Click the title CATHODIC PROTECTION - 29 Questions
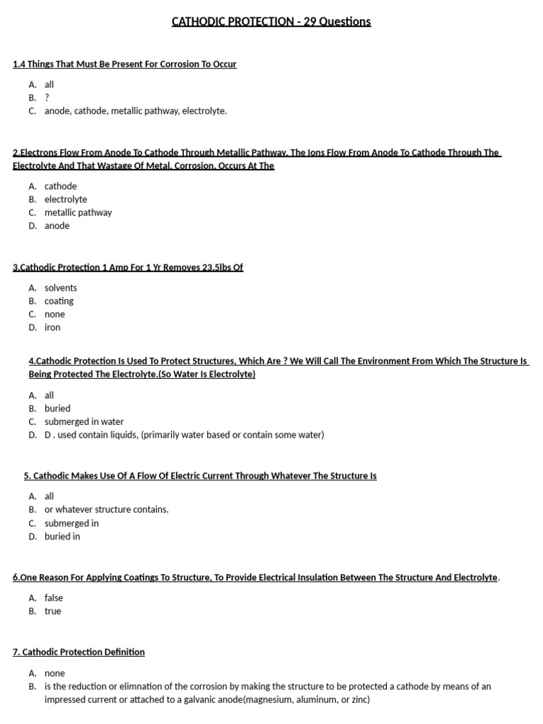(x=271, y=21)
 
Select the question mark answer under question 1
(x=47, y=98)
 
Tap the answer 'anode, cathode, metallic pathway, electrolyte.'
(x=136, y=111)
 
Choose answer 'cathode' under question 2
(x=61, y=186)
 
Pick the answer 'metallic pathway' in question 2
(x=78, y=212)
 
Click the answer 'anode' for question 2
(x=57, y=226)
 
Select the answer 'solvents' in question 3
(x=61, y=288)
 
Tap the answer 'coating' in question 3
(x=59, y=300)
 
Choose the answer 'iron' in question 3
(x=52, y=327)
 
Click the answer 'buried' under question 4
(x=57, y=408)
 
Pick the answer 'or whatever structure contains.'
(x=107, y=509)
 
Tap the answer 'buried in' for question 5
(x=62, y=536)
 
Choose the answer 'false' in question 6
(x=54, y=597)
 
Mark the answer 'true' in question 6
(x=53, y=611)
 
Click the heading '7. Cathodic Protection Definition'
(x=78, y=652)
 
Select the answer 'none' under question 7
(x=54, y=673)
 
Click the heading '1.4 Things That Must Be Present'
(x=124, y=64)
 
